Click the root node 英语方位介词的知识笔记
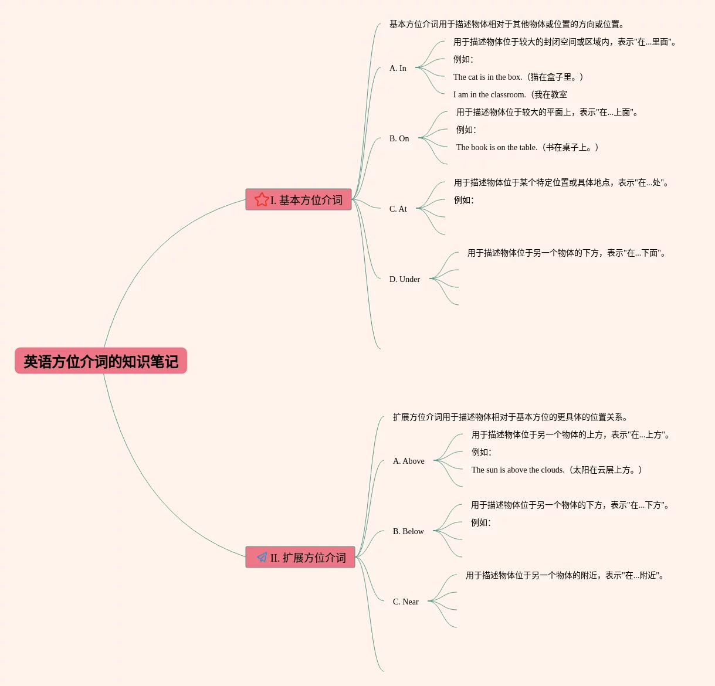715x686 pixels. (x=101, y=361)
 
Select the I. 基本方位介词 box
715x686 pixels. (x=299, y=200)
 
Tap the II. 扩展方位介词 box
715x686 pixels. (x=300, y=558)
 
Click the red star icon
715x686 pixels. (x=262, y=200)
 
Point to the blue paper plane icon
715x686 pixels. (x=262, y=557)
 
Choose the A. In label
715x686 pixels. (x=398, y=69)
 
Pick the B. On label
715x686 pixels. (x=399, y=139)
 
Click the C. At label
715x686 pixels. (x=398, y=209)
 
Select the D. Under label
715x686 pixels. (x=404, y=280)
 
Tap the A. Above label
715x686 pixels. (x=408, y=461)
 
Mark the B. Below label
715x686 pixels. (x=408, y=532)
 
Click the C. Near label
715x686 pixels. (x=405, y=602)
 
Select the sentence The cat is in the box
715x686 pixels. (x=518, y=77)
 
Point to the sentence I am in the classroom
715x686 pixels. (x=510, y=95)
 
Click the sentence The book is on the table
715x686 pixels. (x=527, y=148)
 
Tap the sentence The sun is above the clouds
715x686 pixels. (x=557, y=470)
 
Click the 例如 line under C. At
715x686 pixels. (x=463, y=201)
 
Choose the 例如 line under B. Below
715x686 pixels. (x=480, y=523)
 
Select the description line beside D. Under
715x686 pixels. (x=567, y=253)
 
